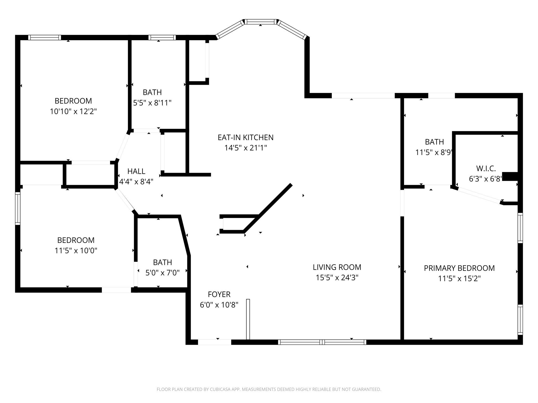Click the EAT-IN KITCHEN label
pos(245,137)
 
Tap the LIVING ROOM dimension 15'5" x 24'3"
pos(337,278)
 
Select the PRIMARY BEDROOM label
pos(459,268)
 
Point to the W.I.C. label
pos(486,168)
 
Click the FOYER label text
pos(219,294)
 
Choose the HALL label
pos(136,171)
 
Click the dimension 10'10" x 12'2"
pos(73,112)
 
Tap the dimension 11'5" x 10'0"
pos(76,251)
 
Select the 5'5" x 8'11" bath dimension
pos(152,103)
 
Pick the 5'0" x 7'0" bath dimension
pos(162,273)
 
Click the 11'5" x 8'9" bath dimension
pos(434,152)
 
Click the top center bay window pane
pos(261,22)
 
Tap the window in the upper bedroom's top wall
pos(45,38)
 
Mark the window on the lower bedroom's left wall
pos(18,208)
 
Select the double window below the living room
pos(322,342)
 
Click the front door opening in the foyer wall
pos(214,342)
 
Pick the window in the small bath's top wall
pos(162,38)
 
